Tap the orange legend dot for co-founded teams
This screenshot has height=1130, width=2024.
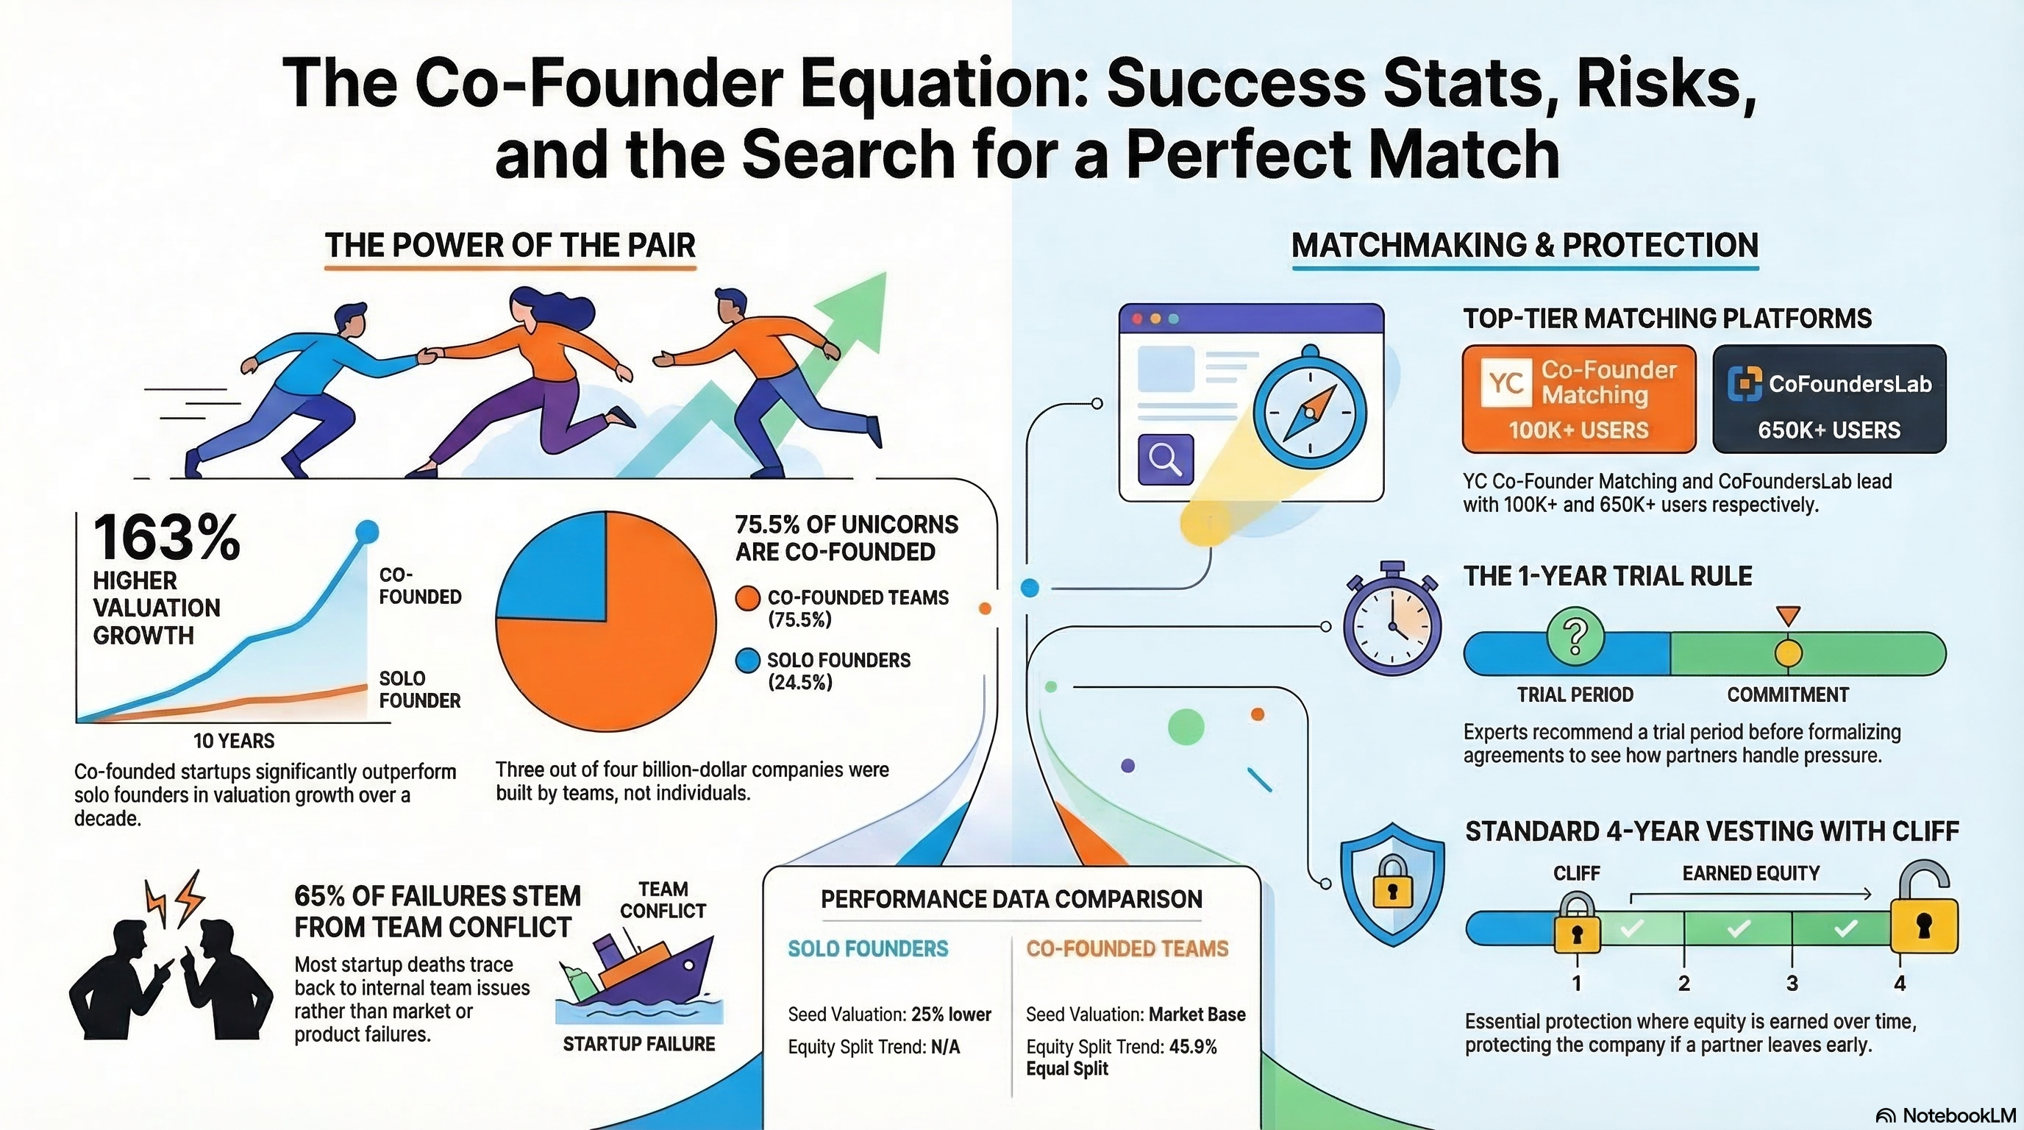tap(747, 599)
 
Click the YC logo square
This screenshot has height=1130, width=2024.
tap(1506, 383)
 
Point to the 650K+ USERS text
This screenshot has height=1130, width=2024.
tap(1829, 430)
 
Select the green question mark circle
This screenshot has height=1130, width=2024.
tap(1575, 636)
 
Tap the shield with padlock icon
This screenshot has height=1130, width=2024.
tap(1391, 884)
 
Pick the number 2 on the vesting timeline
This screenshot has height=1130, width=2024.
tap(1683, 983)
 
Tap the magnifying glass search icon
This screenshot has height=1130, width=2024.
tap(1165, 459)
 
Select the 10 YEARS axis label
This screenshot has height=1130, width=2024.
tap(234, 740)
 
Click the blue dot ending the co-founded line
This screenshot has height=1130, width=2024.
tap(366, 532)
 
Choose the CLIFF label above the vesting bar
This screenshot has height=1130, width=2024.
tap(1576, 873)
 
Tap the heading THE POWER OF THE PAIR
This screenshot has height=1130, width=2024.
tap(510, 245)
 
